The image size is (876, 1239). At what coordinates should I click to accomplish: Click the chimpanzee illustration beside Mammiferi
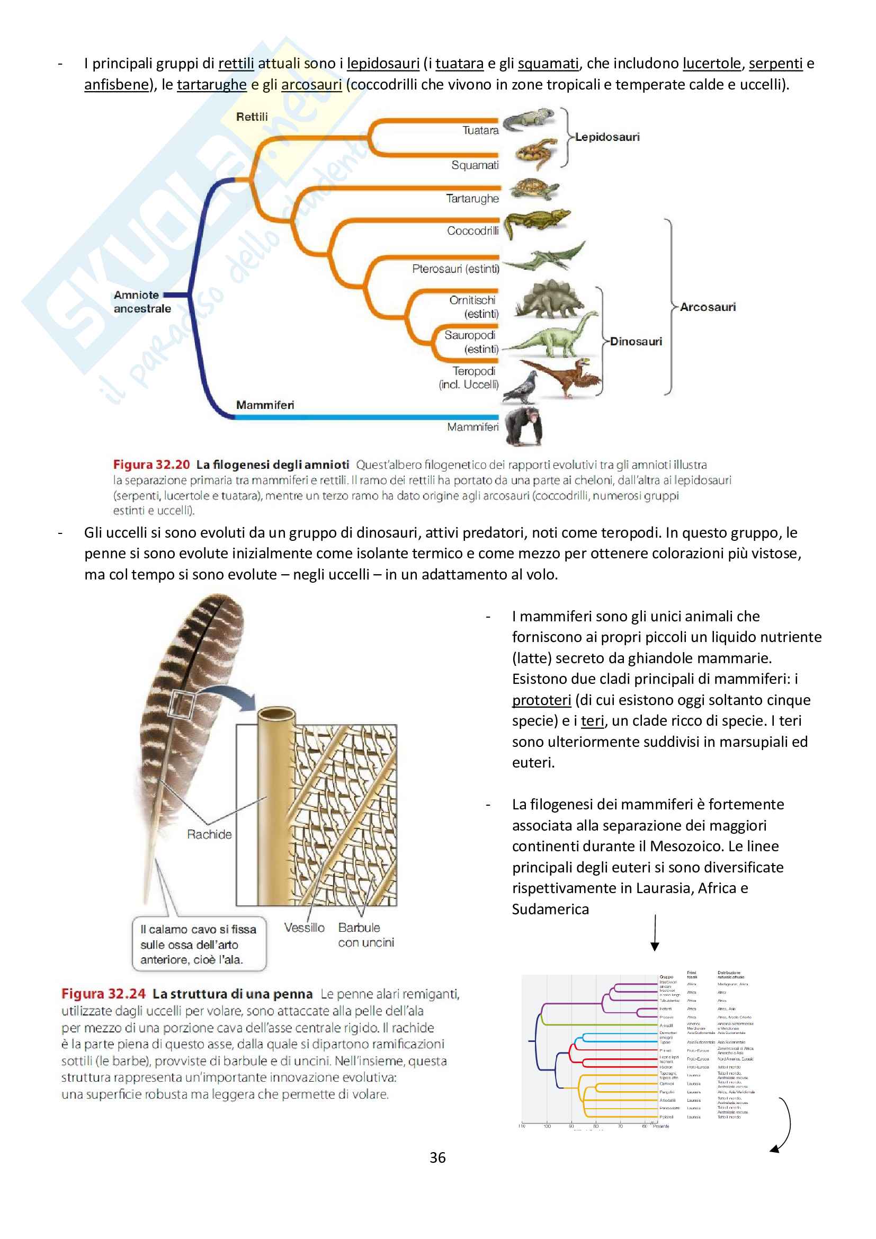coord(523,425)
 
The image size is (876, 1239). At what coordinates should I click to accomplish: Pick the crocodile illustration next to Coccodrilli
coord(536,221)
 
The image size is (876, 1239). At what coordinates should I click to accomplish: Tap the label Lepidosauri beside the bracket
coord(607,137)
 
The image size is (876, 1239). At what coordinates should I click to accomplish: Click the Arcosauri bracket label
coord(708,307)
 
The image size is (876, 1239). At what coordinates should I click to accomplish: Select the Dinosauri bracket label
coord(636,342)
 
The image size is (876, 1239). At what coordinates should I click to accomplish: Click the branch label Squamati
coord(475,165)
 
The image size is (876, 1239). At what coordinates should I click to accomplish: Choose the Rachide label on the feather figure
coord(209,834)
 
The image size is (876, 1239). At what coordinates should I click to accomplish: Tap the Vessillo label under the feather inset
coord(304,928)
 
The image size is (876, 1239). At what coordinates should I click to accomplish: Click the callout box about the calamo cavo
coord(199,944)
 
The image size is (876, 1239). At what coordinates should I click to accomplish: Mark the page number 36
coord(437,1157)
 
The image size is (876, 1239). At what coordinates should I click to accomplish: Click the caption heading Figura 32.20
coord(151,465)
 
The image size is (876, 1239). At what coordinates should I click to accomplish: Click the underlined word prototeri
coord(541,700)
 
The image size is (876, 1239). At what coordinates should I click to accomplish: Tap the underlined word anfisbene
coord(116,85)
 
